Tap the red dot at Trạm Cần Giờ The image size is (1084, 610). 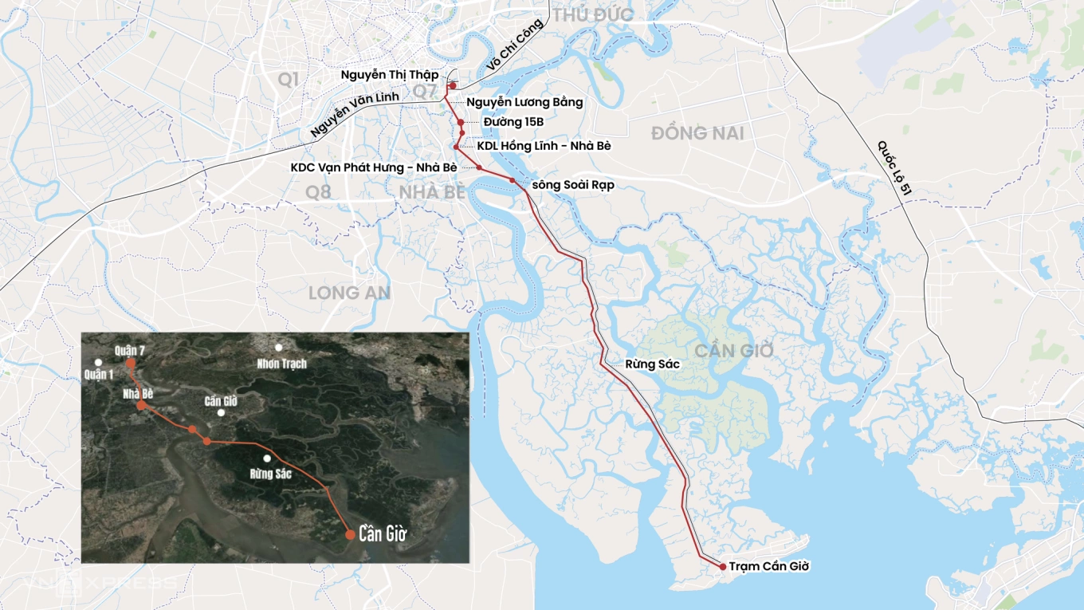[723, 567]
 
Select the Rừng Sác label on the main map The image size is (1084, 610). [652, 364]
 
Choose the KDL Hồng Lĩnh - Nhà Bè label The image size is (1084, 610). [544, 146]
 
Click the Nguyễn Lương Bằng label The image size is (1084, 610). [524, 102]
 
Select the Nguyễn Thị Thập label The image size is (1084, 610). [390, 75]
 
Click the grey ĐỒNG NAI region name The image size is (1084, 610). [697, 133]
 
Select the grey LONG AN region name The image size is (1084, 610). [349, 293]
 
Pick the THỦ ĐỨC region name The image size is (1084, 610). [593, 14]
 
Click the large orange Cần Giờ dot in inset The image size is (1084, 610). [350, 534]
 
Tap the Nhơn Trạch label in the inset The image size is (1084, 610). [281, 364]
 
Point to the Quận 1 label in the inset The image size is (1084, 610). [98, 375]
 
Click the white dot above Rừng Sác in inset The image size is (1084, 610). [267, 458]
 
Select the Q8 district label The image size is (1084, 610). [318, 191]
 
